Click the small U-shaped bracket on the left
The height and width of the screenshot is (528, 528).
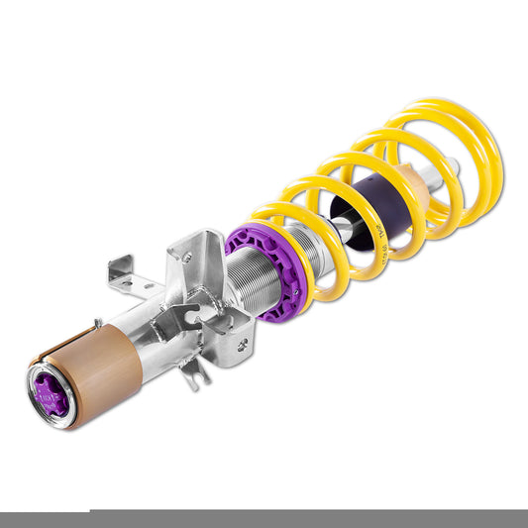[121, 276]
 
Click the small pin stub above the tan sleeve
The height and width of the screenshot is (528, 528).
[97, 322]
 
